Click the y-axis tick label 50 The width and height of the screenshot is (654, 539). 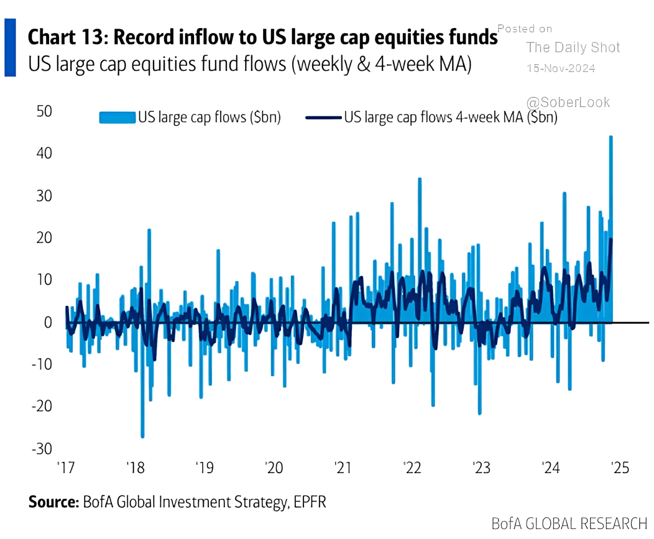44,111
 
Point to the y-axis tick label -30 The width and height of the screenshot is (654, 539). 42,449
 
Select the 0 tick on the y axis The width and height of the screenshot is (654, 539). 48,323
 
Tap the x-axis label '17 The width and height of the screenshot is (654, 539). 66,468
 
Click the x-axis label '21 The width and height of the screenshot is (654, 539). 343,468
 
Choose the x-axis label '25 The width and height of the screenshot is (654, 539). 620,468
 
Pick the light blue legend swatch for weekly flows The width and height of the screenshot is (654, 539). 118,117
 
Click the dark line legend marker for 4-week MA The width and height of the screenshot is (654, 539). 323,117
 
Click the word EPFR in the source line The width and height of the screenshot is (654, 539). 310,502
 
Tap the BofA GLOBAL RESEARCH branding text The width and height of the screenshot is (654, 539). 569,524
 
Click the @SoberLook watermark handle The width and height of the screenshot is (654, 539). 568,103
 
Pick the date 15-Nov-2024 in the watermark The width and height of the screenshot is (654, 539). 561,68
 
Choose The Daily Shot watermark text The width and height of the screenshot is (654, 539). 573,47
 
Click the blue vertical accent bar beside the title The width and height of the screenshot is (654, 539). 10,47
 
